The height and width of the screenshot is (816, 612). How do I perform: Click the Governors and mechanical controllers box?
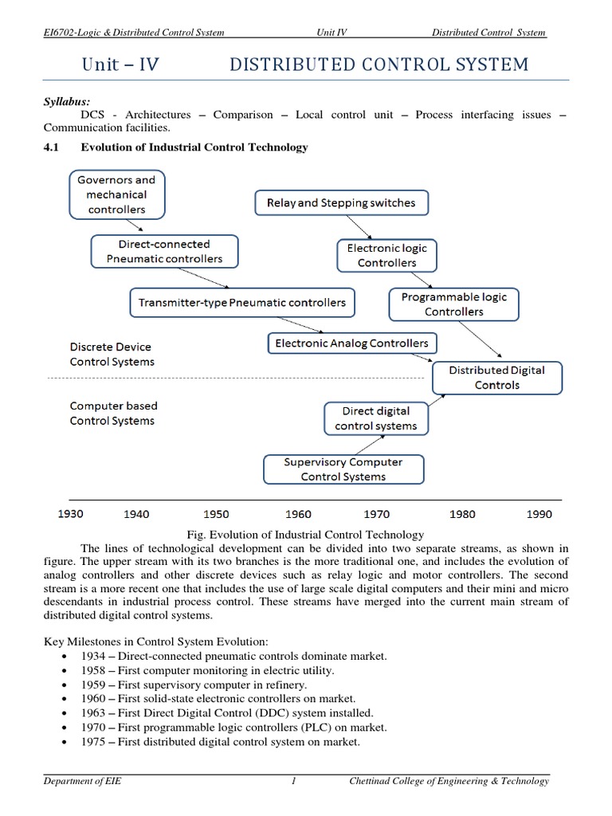point(117,195)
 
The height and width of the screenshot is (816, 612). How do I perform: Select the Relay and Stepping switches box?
point(341,203)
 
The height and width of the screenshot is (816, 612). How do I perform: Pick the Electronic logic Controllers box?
point(387,255)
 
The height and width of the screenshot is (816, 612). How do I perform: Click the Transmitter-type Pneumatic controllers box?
point(242,303)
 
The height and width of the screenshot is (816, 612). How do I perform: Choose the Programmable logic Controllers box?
point(453,304)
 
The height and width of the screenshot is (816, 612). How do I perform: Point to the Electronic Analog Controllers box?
point(351,343)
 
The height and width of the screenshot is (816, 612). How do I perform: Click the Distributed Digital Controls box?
point(497,378)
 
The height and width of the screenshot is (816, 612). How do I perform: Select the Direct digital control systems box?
point(376,418)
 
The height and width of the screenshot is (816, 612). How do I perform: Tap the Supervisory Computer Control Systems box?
point(343,469)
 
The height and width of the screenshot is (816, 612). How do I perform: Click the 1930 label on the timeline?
point(71,514)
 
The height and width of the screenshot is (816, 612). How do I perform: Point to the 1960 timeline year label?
point(298,514)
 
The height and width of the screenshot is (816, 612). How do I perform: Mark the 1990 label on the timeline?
point(539,514)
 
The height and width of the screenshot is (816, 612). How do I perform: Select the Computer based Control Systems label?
point(113,414)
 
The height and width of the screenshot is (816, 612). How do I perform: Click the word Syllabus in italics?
point(67,101)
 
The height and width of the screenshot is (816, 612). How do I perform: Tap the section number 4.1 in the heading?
point(52,147)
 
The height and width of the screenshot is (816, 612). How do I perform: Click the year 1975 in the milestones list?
point(93,742)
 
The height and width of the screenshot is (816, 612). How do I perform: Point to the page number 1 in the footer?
point(294,781)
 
